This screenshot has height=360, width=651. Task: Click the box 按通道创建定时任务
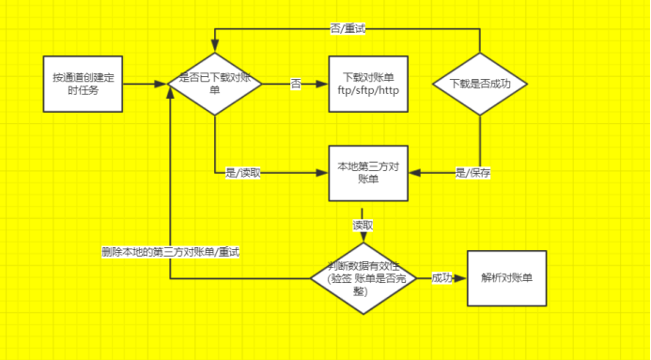pyautogui.click(x=83, y=84)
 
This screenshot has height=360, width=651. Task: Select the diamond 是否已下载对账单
pyautogui.click(x=214, y=84)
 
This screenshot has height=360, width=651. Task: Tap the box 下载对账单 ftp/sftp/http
pyautogui.click(x=368, y=84)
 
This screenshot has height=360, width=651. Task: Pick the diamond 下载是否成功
pyautogui.click(x=480, y=84)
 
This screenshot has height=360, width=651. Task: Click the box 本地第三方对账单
pyautogui.click(x=368, y=173)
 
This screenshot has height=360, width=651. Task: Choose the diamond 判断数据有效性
pyautogui.click(x=364, y=277)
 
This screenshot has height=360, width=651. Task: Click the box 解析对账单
pyautogui.click(x=506, y=278)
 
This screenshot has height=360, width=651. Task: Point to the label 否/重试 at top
pyautogui.click(x=348, y=29)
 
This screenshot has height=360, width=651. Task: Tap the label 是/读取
pyautogui.click(x=243, y=173)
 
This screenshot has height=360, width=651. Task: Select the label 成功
pyautogui.click(x=442, y=278)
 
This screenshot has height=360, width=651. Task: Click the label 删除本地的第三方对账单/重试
pyautogui.click(x=171, y=252)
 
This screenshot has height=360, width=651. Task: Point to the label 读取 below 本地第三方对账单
pyautogui.click(x=363, y=226)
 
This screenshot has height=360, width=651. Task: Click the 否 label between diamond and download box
pyautogui.click(x=295, y=85)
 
